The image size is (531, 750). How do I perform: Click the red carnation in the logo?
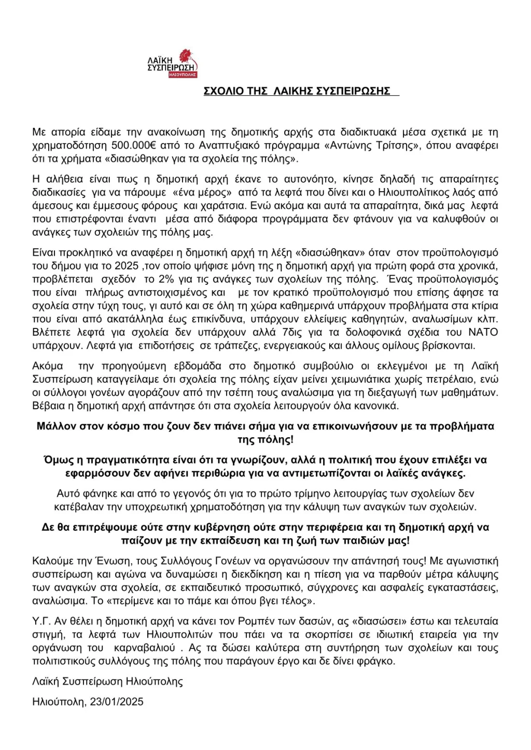[x=185, y=56]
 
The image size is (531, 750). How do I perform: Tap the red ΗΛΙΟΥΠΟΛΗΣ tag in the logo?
[x=183, y=75]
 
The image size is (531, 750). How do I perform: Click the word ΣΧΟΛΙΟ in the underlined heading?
[x=223, y=91]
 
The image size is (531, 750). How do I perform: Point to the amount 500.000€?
[x=134, y=146]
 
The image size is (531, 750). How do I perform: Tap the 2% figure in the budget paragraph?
[x=166, y=279]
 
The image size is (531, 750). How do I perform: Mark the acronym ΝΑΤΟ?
[x=483, y=333]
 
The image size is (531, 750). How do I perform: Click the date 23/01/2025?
[x=117, y=702]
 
